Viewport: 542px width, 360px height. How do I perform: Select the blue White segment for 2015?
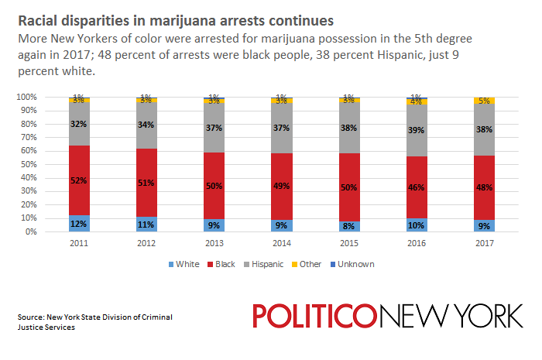(x=348, y=226)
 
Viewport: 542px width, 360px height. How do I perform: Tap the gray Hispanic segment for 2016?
(x=416, y=132)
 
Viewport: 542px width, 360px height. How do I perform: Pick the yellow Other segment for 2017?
(x=484, y=101)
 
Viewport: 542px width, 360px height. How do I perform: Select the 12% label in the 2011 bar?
(x=79, y=225)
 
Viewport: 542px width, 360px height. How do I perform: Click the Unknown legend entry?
(x=355, y=264)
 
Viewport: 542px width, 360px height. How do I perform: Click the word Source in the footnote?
(x=30, y=317)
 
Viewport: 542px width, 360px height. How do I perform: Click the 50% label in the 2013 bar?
(x=214, y=186)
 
